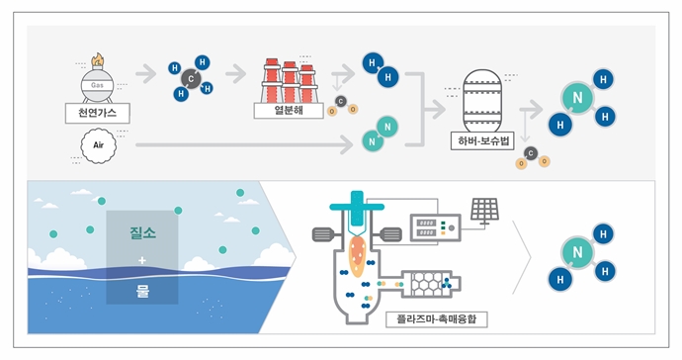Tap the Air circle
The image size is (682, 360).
pos(98,145)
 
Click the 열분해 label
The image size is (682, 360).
pos(298,111)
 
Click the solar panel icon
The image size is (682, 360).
pos(484,210)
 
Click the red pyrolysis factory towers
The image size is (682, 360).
pos(292,80)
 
